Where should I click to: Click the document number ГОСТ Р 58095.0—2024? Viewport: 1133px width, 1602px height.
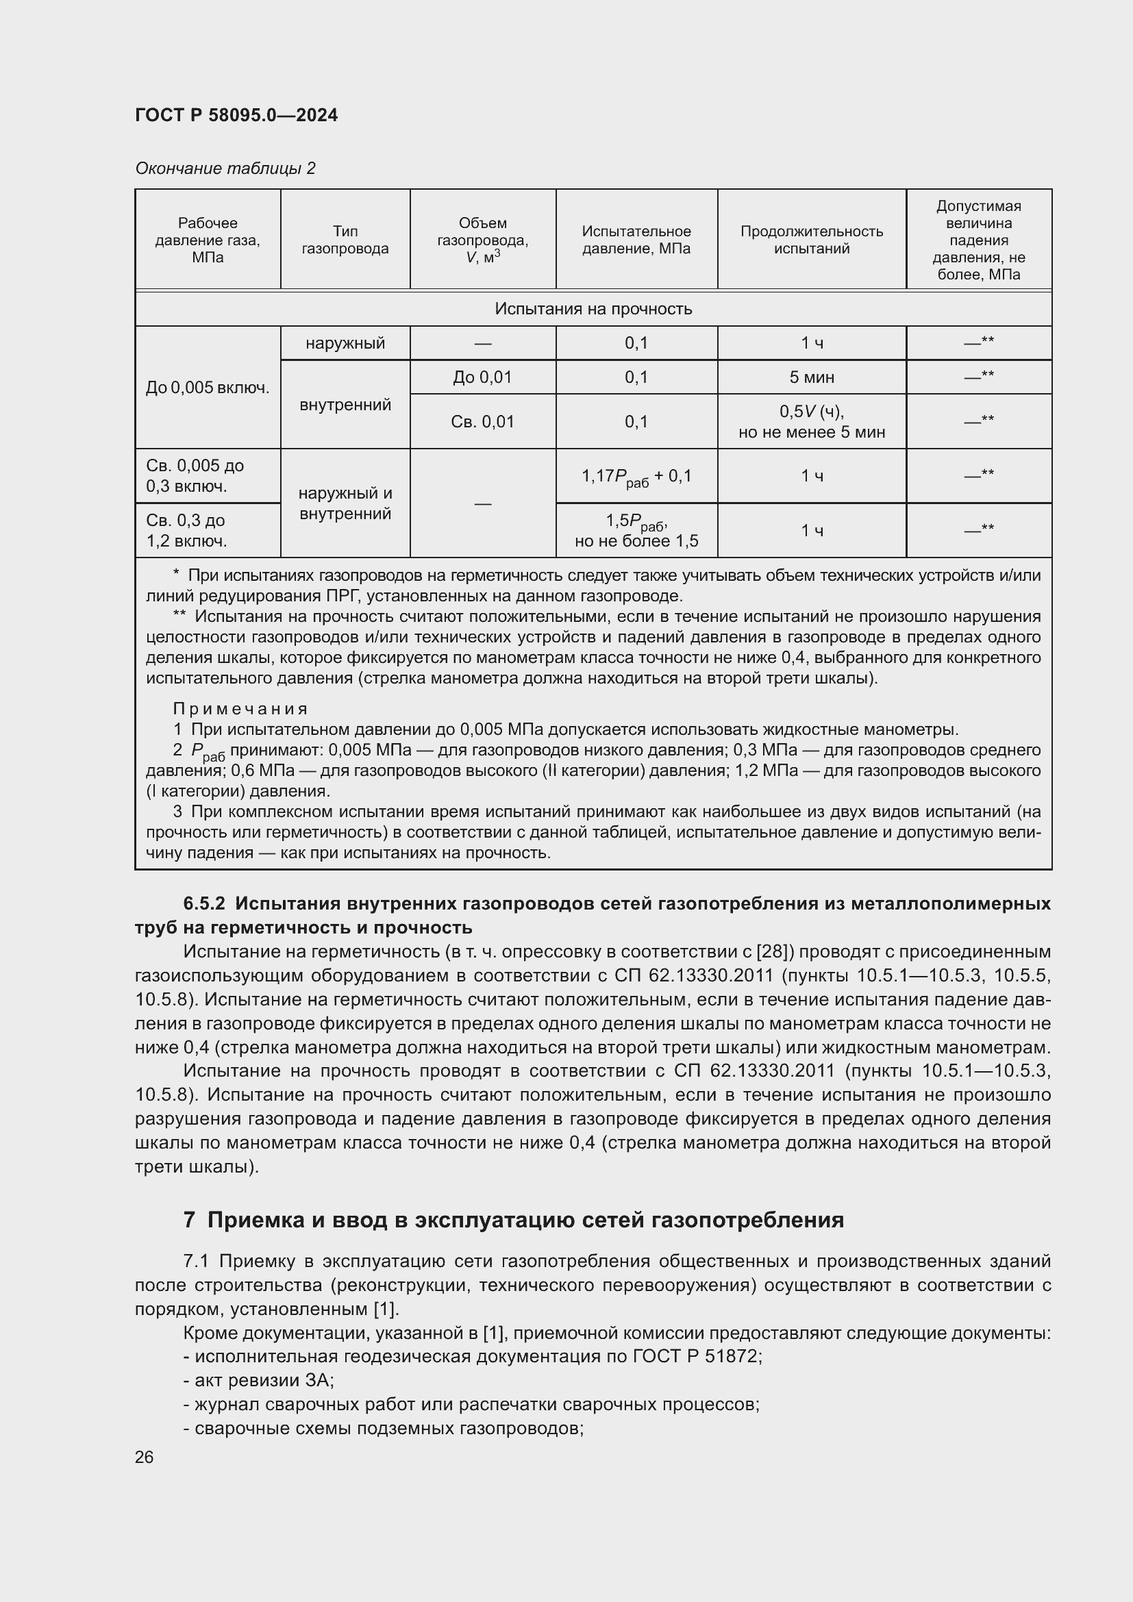tap(236, 115)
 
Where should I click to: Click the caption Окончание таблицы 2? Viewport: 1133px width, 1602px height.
tap(225, 168)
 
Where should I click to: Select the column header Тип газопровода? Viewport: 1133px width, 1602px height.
tap(345, 239)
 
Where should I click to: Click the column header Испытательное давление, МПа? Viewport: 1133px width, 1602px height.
tap(636, 239)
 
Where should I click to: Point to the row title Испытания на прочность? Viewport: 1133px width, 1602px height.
tap(593, 308)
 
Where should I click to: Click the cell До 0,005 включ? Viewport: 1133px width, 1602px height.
tap(207, 387)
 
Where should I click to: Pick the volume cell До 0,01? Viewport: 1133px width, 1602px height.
tap(482, 377)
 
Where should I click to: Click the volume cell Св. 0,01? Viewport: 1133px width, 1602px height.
tap(482, 421)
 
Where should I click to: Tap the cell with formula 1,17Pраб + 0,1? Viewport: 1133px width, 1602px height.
tap(636, 477)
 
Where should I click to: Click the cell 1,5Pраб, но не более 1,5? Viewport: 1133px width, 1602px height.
tap(636, 530)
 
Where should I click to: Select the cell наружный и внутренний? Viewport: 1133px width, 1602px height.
tap(345, 503)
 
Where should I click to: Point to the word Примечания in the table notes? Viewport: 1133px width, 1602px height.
tap(240, 709)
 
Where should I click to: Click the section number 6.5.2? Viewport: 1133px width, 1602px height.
tap(203, 903)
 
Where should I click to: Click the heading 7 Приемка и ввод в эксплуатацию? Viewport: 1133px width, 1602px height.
tap(514, 1219)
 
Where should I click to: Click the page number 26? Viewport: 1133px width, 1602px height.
tap(145, 1457)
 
